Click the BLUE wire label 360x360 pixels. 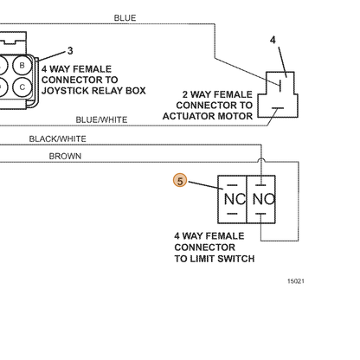(x=125, y=18)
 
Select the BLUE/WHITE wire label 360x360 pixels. (x=101, y=119)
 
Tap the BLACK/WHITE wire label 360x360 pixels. (x=58, y=139)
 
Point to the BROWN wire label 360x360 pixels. (x=65, y=156)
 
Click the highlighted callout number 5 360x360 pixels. (x=180, y=181)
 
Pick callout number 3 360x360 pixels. (x=70, y=51)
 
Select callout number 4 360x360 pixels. (x=273, y=40)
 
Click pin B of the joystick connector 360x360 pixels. (x=22, y=66)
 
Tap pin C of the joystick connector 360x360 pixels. (x=22, y=87)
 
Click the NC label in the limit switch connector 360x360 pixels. (x=235, y=199)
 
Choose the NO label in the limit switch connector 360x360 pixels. (x=264, y=199)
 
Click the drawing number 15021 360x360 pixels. (x=296, y=281)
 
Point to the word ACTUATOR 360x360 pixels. (x=189, y=116)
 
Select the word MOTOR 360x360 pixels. (x=235, y=116)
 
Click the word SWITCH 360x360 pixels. (x=235, y=259)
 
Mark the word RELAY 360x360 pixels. (x=110, y=91)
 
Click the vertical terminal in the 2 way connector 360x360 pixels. (x=280, y=86)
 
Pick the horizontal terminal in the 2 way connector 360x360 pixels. (x=278, y=108)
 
